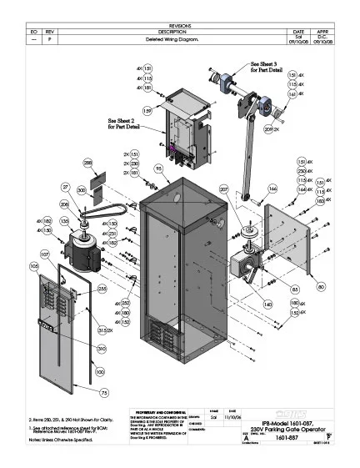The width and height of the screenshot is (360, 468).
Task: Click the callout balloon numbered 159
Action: click(147, 109)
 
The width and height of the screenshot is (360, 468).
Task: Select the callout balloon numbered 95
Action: click(157, 169)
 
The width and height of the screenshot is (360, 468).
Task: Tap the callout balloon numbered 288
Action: click(87, 163)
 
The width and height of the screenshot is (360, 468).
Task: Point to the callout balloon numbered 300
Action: click(81, 191)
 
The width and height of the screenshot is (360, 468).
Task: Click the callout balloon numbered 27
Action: click(65, 188)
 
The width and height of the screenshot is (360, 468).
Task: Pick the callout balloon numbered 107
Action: click(44, 254)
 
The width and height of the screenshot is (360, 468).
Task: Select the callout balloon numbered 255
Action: click(102, 289)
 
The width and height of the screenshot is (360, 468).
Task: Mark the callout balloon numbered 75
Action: click(104, 391)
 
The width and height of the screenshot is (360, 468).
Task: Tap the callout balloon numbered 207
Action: click(223, 190)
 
